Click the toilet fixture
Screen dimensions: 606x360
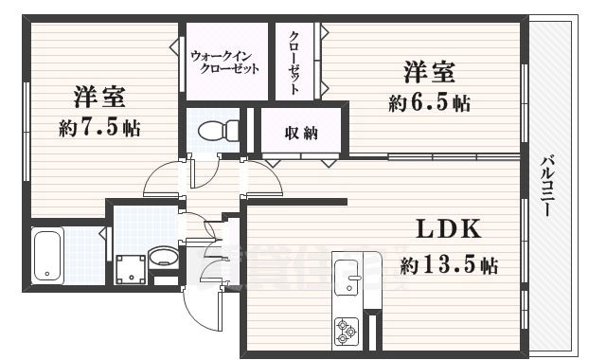coord(211,130)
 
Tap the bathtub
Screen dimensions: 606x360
coord(46,255)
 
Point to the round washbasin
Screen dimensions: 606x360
coord(163,256)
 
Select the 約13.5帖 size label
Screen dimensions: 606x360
coord(449,264)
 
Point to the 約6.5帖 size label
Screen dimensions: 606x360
coord(429,102)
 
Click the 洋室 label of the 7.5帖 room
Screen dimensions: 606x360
coord(99,98)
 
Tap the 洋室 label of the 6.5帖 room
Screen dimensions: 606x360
coord(430,72)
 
